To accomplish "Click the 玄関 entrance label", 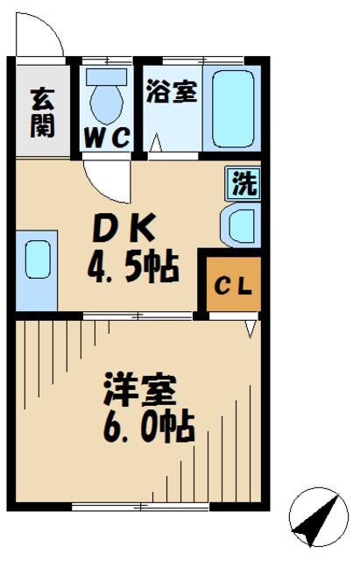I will pyautogui.click(x=41, y=111).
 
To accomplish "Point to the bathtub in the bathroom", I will pyautogui.click(x=232, y=109).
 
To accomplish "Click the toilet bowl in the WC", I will pyautogui.click(x=108, y=103).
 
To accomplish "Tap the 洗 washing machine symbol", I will pyautogui.click(x=244, y=183).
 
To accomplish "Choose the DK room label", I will pyautogui.click(x=128, y=230).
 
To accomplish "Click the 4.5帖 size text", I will pyautogui.click(x=133, y=266).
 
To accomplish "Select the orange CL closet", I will pyautogui.click(x=233, y=283).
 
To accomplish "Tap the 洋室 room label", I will pyautogui.click(x=140, y=389).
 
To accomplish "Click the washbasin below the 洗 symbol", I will pyautogui.click(x=240, y=225).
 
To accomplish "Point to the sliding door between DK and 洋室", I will pyautogui.click(x=140, y=314).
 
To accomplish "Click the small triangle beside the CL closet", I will pyautogui.click(x=251, y=327).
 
